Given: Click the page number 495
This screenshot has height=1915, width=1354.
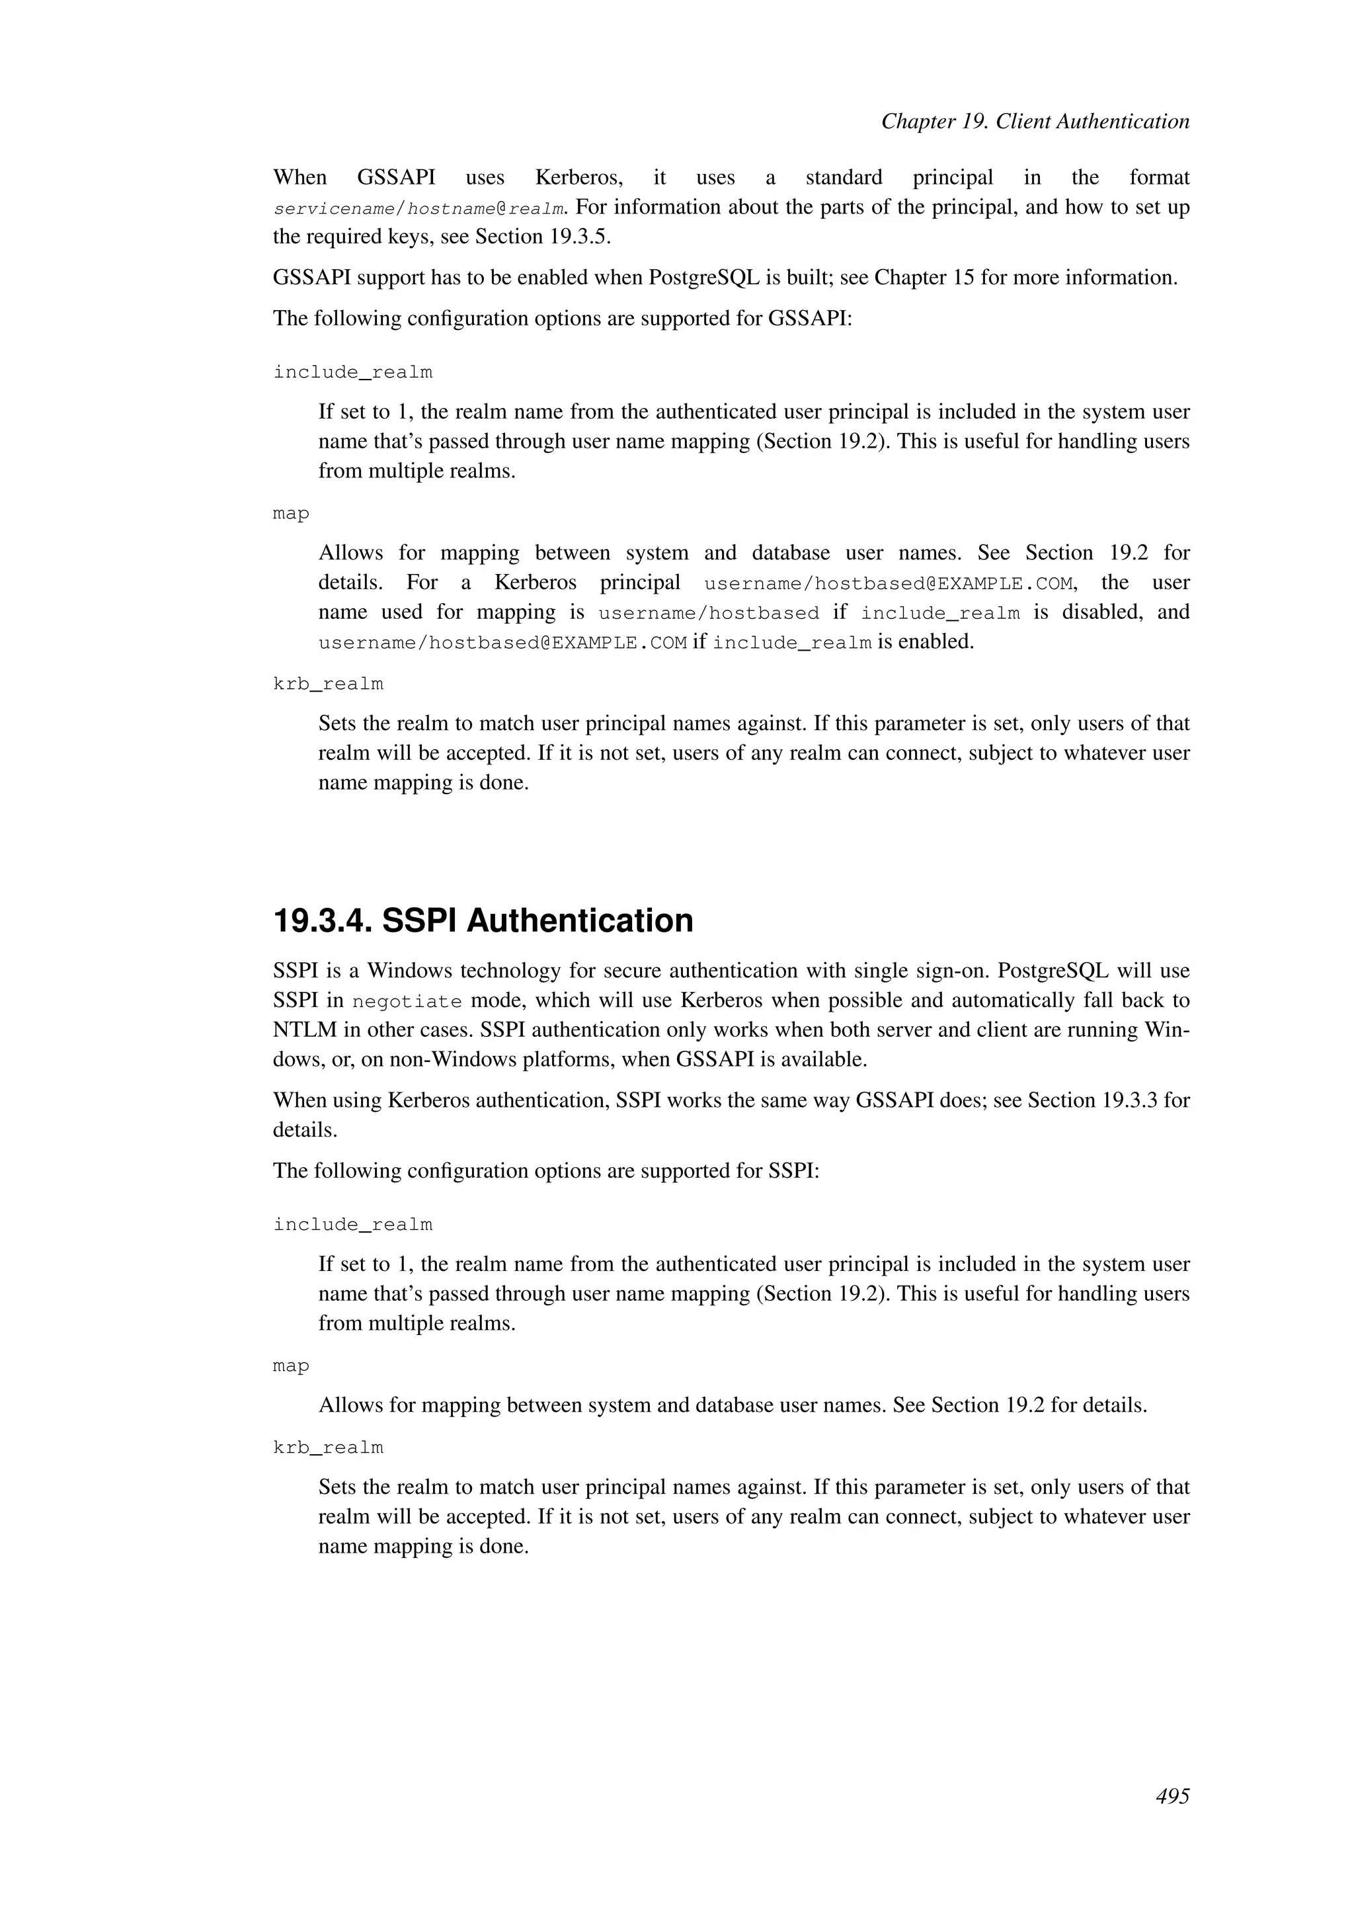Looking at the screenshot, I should coord(1172,1796).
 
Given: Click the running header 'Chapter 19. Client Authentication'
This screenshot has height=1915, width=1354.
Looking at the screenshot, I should coord(1035,122).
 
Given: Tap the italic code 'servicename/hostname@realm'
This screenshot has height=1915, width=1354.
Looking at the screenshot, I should coord(418,208).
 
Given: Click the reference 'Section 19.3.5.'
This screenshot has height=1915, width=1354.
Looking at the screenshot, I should coord(542,237).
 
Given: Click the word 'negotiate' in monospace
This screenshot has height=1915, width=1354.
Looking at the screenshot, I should coord(407,1001).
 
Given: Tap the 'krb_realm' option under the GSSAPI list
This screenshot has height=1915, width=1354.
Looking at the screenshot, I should coord(328,684).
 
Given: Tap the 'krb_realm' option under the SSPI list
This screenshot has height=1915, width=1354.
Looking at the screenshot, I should coord(328,1448).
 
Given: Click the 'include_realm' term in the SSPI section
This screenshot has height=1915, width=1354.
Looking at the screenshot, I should coord(352,1225).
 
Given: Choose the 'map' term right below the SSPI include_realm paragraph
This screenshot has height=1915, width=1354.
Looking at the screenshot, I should coord(290,1366).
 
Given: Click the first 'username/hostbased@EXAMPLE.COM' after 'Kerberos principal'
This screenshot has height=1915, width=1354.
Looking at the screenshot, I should coord(887,583).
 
